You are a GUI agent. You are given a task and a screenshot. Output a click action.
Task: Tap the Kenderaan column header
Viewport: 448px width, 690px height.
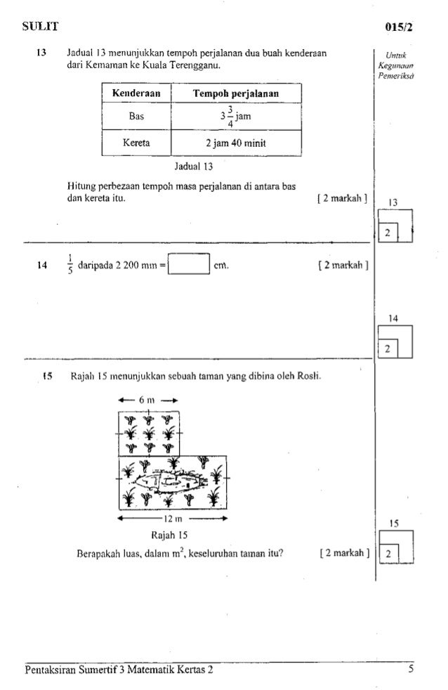[x=137, y=93]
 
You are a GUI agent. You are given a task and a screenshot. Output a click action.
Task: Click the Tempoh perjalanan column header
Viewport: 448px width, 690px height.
[x=237, y=93]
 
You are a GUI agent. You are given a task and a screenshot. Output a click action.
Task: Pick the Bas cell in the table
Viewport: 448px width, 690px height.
[x=137, y=117]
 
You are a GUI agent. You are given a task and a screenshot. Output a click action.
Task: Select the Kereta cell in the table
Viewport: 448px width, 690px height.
[x=137, y=145]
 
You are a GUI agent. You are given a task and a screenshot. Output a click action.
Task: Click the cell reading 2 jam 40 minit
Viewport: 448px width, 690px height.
[x=237, y=145]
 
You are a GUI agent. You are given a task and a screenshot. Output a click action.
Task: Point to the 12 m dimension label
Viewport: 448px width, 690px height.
[x=172, y=519]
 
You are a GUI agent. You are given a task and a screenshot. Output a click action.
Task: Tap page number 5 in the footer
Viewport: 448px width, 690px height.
[x=409, y=668]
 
